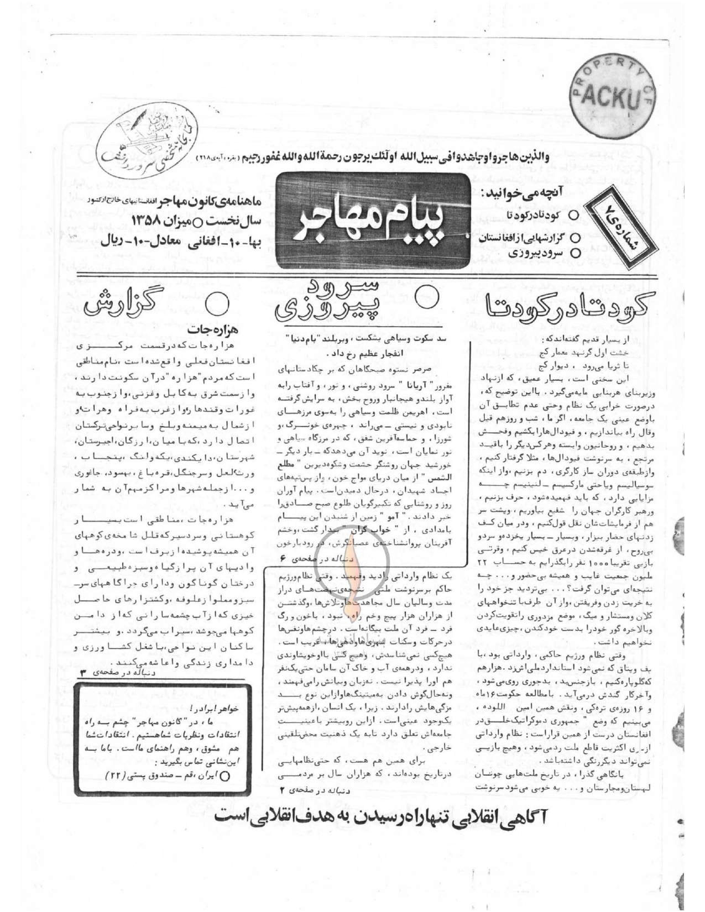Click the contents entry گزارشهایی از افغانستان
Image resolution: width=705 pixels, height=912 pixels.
pyautogui.click(x=526, y=239)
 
